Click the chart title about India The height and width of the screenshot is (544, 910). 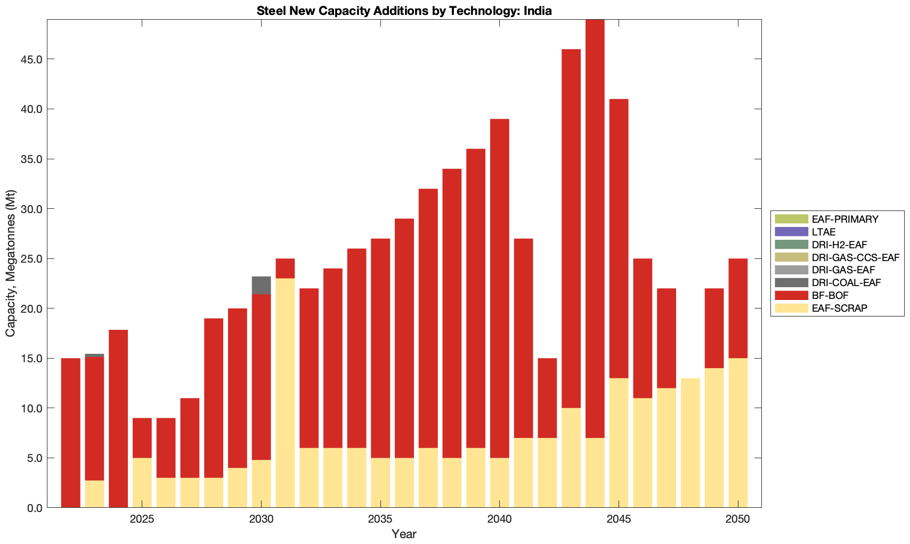tap(404, 11)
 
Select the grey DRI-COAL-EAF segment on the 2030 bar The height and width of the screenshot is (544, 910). tap(261, 285)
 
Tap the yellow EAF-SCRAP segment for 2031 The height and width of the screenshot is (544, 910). tap(285, 393)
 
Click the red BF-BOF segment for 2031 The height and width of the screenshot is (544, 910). tap(285, 269)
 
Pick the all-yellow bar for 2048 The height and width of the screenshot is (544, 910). tap(690, 443)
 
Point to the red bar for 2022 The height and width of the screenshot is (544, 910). tap(71, 433)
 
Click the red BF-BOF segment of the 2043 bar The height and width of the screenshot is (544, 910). tap(571, 229)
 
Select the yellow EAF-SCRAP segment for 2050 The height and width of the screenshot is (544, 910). tap(738, 433)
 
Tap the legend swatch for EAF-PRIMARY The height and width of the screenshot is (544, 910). tap(791, 219)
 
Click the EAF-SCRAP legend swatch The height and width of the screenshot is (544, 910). tap(791, 308)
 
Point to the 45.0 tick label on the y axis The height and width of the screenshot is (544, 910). tap(31, 59)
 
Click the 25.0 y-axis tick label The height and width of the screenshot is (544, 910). tap(31, 259)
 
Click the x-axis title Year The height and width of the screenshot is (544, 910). tap(404, 534)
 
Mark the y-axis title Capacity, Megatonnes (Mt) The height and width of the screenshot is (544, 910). tap(11, 263)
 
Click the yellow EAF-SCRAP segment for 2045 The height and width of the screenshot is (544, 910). tap(619, 443)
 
